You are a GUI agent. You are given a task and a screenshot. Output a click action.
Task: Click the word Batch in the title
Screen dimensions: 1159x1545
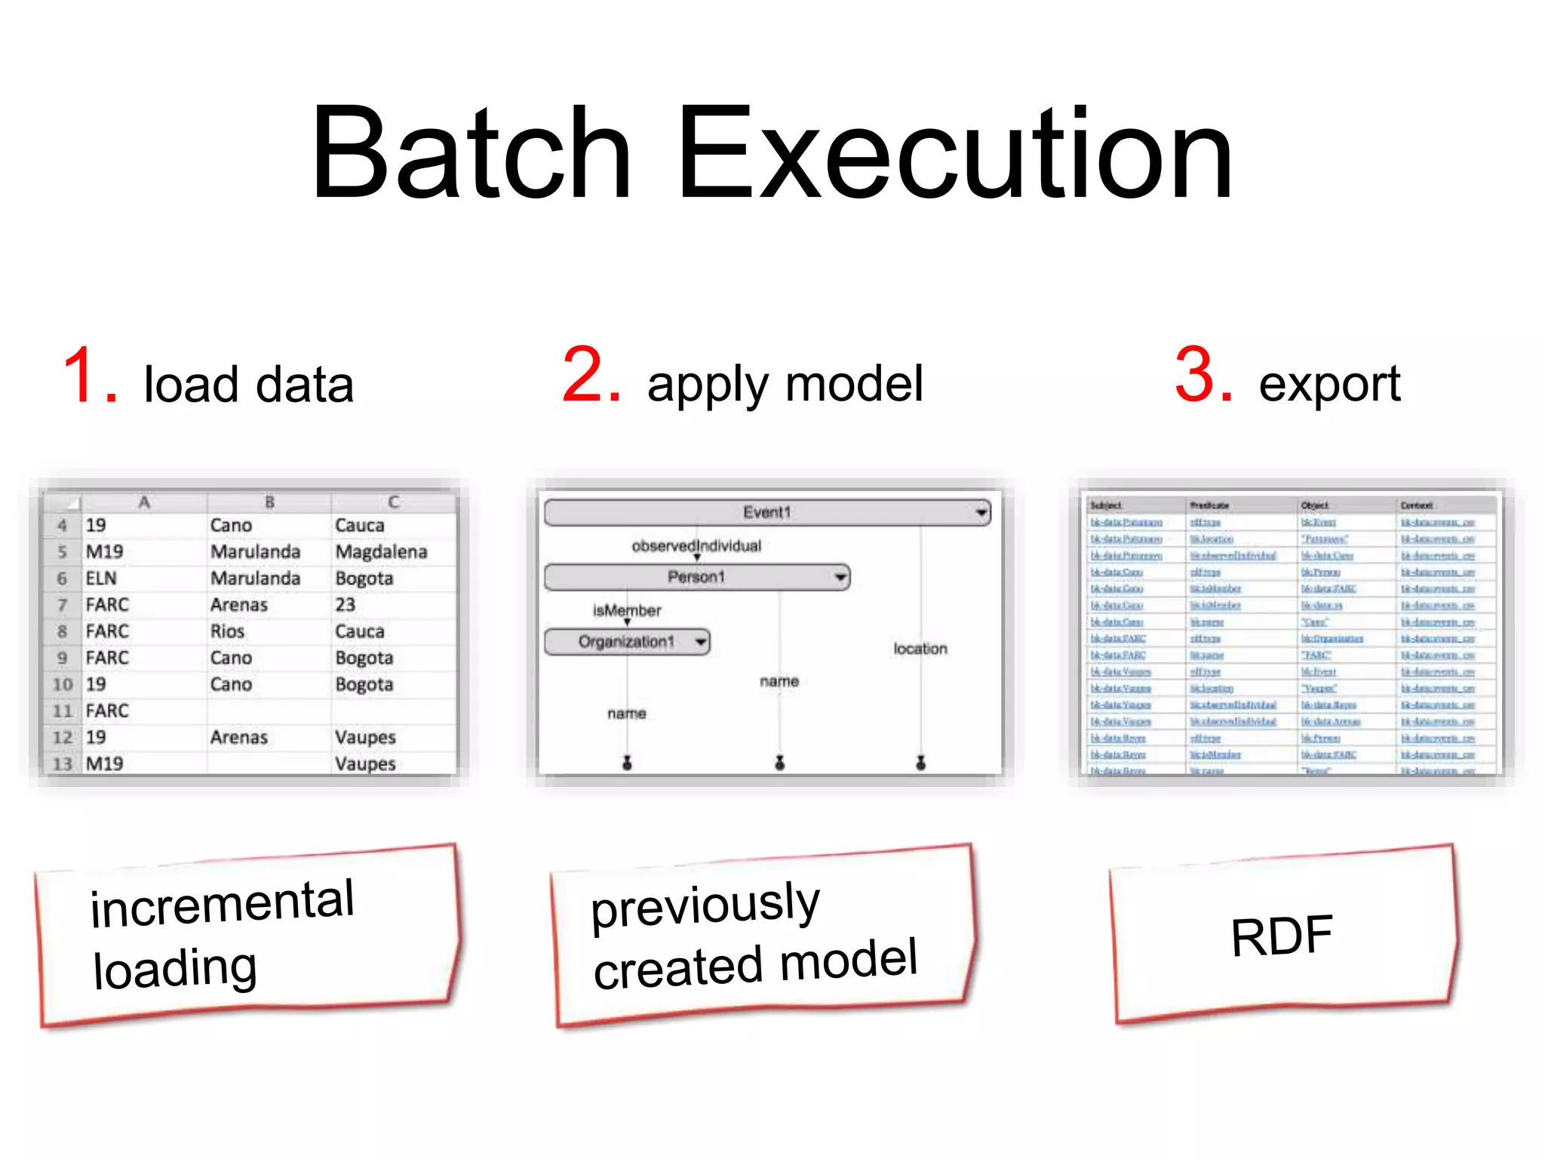click(471, 155)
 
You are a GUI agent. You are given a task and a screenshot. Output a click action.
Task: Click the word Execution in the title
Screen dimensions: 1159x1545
click(954, 155)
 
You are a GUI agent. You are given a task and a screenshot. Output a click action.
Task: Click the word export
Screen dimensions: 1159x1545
click(1329, 385)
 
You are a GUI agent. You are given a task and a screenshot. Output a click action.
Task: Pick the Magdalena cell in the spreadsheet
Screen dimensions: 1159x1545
click(381, 552)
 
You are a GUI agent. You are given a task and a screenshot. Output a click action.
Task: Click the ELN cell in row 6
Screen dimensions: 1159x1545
click(101, 578)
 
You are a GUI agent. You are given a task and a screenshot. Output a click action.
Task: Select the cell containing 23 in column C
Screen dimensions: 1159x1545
click(346, 604)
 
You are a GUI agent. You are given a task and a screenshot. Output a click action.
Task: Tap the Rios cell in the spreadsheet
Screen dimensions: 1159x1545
click(227, 631)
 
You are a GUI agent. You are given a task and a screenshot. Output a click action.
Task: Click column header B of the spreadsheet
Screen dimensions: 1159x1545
click(269, 502)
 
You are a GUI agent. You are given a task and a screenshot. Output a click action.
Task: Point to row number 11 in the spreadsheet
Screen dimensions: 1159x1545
click(62, 711)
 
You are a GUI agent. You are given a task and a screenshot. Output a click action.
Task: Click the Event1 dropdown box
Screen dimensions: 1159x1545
click(766, 512)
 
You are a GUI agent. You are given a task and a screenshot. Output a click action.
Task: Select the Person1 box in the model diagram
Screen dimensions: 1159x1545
click(696, 577)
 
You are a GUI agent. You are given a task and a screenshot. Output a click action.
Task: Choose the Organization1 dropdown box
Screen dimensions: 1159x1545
click(626, 642)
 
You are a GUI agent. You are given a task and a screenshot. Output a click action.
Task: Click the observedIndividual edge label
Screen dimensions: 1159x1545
click(696, 546)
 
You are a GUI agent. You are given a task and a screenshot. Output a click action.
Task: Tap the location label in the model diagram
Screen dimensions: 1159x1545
click(920, 649)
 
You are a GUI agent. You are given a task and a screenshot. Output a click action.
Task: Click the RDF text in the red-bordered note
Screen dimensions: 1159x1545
click(1281, 936)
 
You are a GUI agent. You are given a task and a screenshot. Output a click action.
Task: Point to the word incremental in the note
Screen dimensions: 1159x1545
click(222, 903)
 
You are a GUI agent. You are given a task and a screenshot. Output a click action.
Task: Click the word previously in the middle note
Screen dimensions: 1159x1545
click(705, 905)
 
